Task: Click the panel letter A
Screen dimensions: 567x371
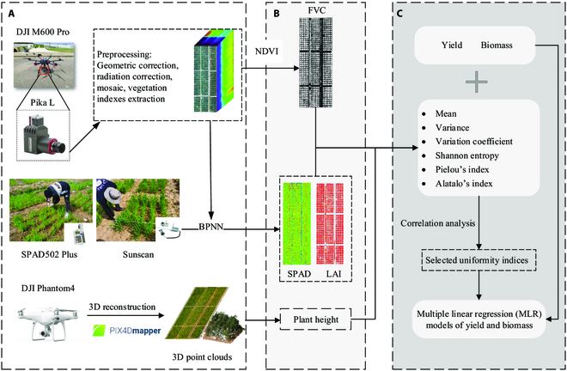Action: point(12,14)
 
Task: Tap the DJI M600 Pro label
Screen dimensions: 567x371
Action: point(43,32)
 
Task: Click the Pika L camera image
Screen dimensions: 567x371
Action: point(44,135)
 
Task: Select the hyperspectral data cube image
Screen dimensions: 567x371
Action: point(214,71)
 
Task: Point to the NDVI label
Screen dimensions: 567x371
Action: point(267,52)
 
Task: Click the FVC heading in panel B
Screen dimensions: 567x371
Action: point(317,10)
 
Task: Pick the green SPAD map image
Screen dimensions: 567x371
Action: point(297,224)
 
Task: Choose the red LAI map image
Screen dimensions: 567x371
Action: point(330,224)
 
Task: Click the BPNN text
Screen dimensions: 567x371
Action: point(210,227)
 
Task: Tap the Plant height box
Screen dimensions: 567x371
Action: point(315,319)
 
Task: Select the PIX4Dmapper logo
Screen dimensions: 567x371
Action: point(126,330)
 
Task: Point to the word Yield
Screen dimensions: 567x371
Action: point(452,46)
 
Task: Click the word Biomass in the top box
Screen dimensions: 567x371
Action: point(497,46)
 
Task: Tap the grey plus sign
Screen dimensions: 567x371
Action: point(476,82)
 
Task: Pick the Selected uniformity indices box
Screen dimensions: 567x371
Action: point(477,260)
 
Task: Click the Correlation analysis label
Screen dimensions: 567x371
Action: point(438,223)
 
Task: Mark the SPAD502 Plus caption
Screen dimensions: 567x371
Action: point(49,254)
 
